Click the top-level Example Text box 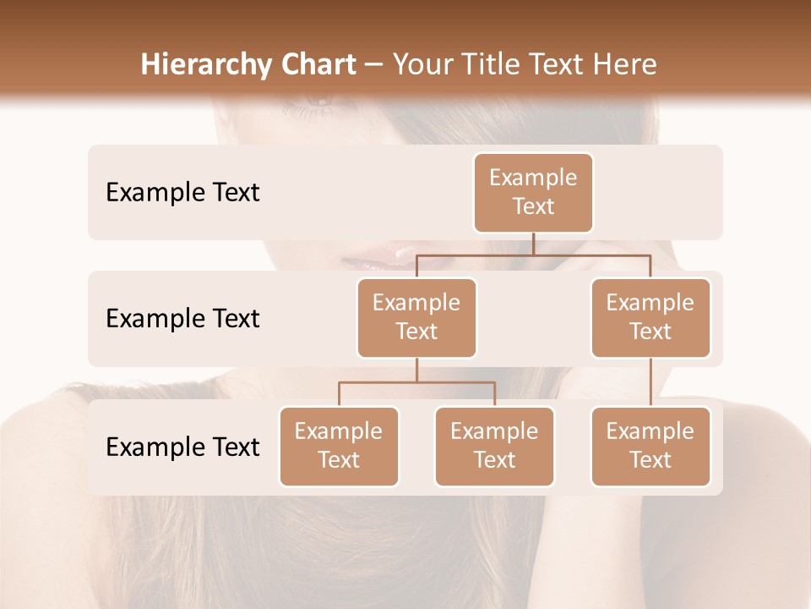tap(533, 192)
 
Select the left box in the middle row tap(416, 317)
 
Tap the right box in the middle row tap(650, 317)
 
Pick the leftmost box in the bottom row tap(339, 446)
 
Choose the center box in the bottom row tap(494, 446)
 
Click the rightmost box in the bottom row tap(650, 446)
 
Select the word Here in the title tap(624, 64)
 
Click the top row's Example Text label tap(182, 192)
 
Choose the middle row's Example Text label tap(182, 318)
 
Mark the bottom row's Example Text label tap(182, 447)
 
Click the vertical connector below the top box tap(533, 244)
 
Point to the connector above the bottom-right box tap(650, 382)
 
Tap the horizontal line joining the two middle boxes tap(533, 255)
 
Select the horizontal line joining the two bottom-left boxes tap(416, 382)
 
